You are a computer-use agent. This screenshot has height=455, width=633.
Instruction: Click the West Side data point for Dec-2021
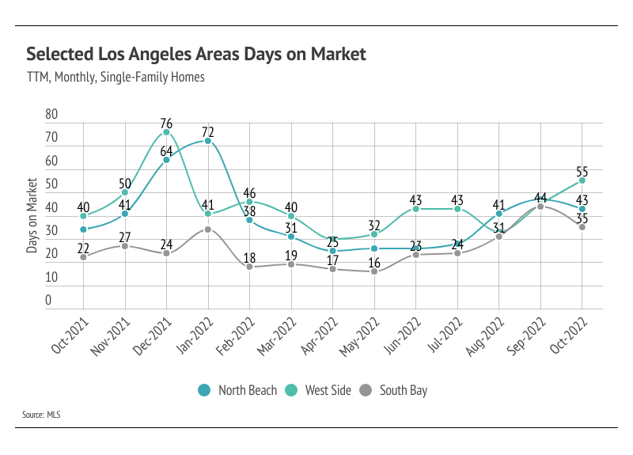[x=167, y=132]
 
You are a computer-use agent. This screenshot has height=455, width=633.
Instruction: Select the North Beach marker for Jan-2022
[x=208, y=141]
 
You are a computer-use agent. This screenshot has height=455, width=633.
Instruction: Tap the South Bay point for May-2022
[x=374, y=271]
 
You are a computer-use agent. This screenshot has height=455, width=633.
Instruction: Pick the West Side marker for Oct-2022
[x=582, y=180]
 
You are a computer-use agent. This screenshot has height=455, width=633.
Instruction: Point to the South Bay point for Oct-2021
[x=83, y=257]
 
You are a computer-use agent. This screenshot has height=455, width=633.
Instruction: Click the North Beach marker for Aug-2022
[x=499, y=214]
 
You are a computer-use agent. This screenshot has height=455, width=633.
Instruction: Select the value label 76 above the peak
[x=166, y=123]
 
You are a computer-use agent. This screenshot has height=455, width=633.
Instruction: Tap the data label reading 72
[x=208, y=131]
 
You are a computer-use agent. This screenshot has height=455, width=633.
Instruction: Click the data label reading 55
[x=582, y=171]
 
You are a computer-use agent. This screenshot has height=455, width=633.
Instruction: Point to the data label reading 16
[x=374, y=263]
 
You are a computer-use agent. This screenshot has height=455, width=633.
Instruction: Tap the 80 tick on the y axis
[x=52, y=114]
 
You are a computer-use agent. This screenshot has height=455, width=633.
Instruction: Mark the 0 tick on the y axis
[x=48, y=301]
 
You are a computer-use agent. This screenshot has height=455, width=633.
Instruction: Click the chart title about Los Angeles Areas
[x=196, y=54]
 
